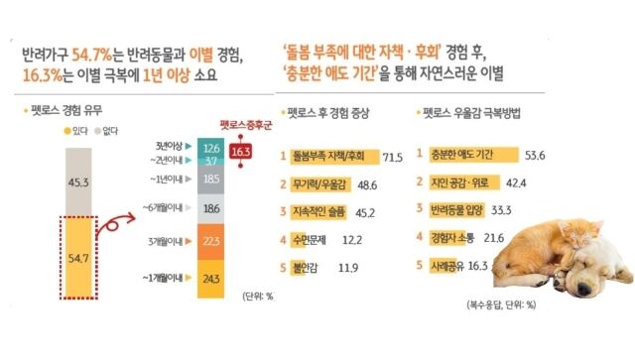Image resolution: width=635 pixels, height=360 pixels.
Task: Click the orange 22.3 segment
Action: (x=210, y=241)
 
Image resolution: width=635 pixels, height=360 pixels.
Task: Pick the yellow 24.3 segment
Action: (x=210, y=278)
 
